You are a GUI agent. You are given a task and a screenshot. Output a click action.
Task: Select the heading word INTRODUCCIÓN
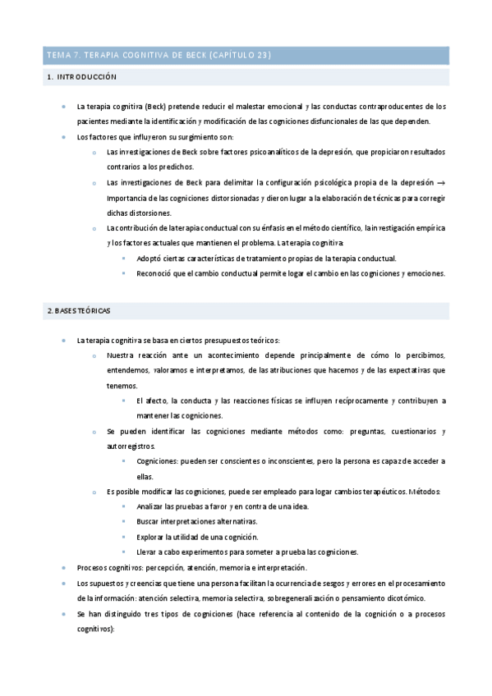pos(88,77)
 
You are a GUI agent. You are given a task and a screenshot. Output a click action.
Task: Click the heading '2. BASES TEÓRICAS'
pos(78,311)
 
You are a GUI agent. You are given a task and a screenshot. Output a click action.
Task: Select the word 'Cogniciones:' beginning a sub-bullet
pos(160,461)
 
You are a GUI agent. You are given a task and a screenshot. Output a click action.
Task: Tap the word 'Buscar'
pos(149,521)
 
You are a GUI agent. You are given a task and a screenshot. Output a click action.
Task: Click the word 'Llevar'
pos(149,552)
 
